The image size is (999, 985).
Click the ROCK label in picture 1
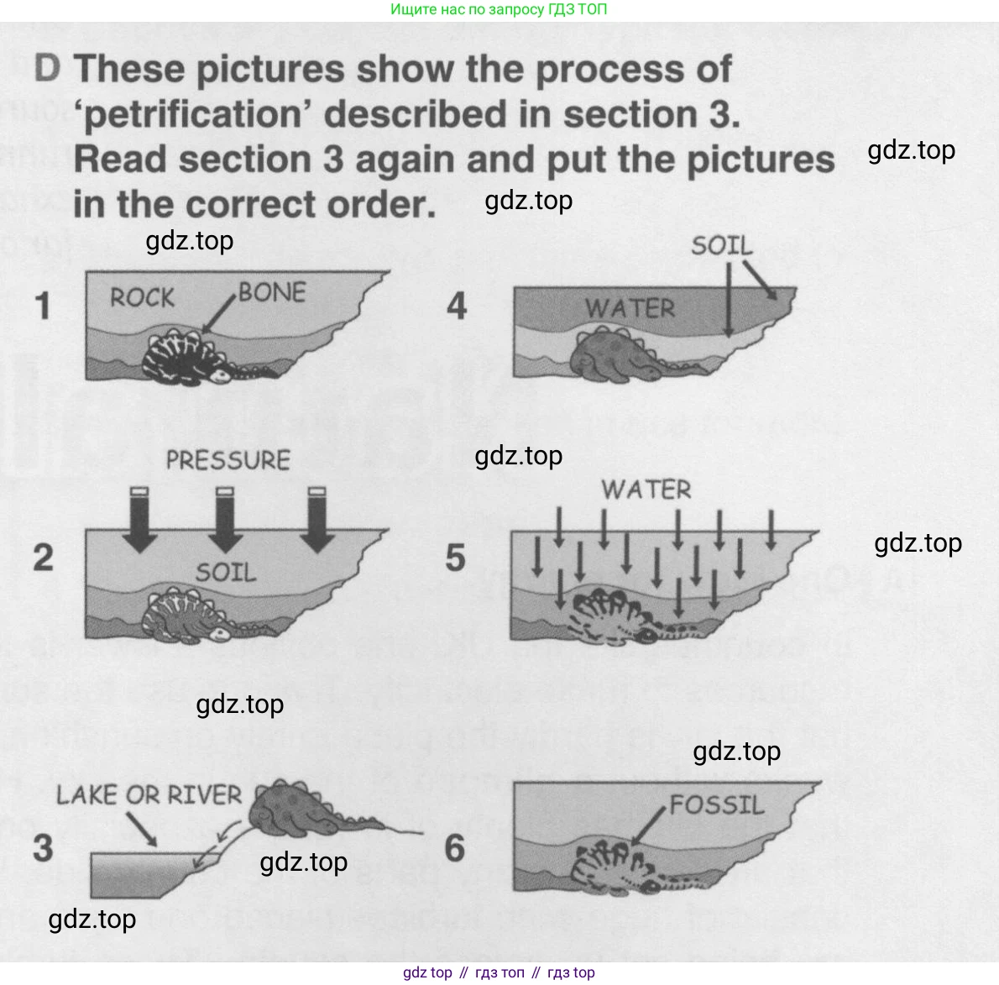[x=142, y=297]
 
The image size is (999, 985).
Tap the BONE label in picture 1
[x=272, y=292]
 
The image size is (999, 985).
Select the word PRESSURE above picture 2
[x=228, y=460]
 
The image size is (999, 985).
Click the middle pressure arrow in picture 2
[x=225, y=519]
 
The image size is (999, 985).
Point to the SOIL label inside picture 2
[x=226, y=572]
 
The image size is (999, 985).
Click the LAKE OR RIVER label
[x=149, y=794]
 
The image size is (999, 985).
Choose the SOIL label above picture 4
[x=722, y=245]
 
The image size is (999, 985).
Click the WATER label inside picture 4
[x=630, y=308]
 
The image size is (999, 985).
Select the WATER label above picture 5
[x=646, y=490]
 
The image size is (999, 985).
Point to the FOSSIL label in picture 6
[x=717, y=804]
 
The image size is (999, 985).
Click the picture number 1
[x=43, y=305]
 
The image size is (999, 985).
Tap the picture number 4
[x=457, y=305]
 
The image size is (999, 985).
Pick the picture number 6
[x=455, y=848]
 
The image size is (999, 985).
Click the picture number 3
[x=43, y=848]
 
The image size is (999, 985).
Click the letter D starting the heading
[x=47, y=67]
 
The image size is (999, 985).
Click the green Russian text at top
[x=498, y=9]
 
